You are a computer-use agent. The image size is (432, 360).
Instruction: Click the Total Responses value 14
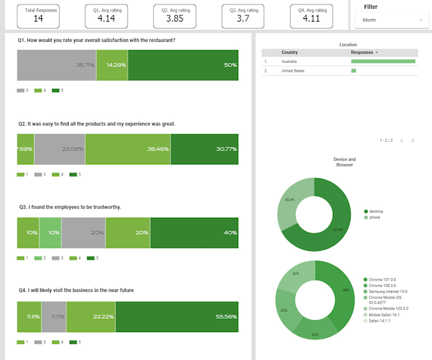tap(39, 19)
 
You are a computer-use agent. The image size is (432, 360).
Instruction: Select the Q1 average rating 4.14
tap(106, 19)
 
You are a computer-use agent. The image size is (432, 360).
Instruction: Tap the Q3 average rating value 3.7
tap(243, 19)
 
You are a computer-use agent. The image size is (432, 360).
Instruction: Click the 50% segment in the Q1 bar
tap(183, 65)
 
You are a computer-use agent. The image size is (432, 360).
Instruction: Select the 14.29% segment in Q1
tap(112, 65)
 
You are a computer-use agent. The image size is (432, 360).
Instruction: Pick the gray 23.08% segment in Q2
tap(60, 149)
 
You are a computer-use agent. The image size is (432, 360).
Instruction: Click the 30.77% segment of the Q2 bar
tap(205, 149)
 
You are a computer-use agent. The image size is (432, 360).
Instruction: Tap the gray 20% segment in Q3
tap(83, 232)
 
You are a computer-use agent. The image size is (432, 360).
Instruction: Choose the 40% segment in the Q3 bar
tap(194, 232)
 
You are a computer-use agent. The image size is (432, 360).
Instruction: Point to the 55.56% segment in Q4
tap(177, 316)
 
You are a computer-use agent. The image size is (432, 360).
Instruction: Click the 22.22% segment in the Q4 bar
tap(91, 316)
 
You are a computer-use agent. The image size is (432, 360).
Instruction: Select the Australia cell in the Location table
tap(289, 62)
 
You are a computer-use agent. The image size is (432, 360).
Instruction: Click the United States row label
tap(293, 70)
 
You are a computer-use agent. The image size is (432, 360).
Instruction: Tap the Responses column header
tap(363, 52)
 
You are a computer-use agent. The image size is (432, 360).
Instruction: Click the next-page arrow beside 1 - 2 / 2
tap(412, 140)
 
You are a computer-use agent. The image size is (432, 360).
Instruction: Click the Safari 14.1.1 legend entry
tap(380, 321)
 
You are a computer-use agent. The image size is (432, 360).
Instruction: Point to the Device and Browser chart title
tap(344, 162)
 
